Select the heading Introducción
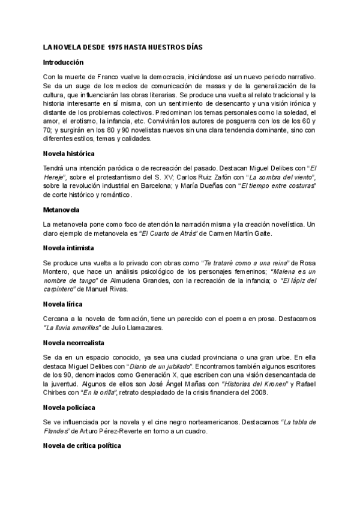coord(64,62)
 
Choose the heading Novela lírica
coord(62,304)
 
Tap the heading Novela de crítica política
coord(82,446)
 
